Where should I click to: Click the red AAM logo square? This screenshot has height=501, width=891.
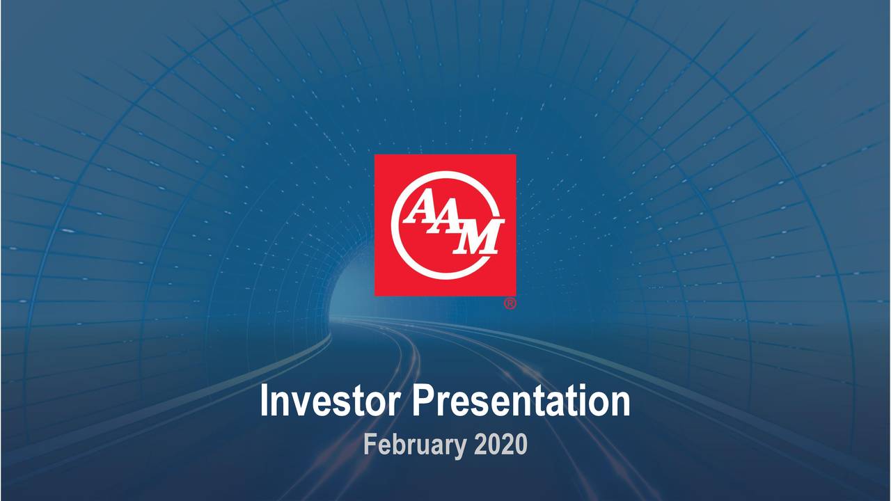click(445, 225)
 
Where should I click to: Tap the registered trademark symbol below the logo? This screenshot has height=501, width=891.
click(510, 304)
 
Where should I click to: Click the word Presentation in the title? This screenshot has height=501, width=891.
click(521, 402)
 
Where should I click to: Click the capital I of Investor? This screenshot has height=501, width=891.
click(265, 402)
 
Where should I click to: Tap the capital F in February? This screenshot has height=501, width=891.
click(370, 444)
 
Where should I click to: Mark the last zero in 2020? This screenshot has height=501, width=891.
click(521, 444)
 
